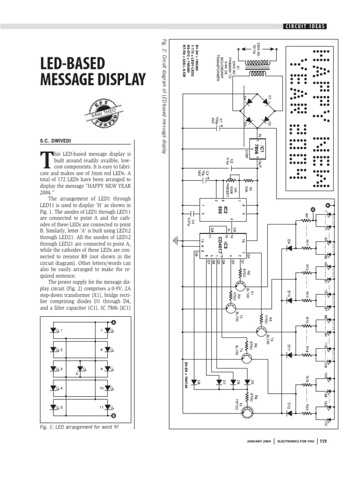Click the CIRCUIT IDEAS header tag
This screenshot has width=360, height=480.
click(304, 26)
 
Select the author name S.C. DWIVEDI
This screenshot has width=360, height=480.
click(59, 140)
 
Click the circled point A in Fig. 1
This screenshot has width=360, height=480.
click(113, 322)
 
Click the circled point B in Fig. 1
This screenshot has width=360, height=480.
click(113, 415)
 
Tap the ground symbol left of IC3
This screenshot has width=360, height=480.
click(175, 241)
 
